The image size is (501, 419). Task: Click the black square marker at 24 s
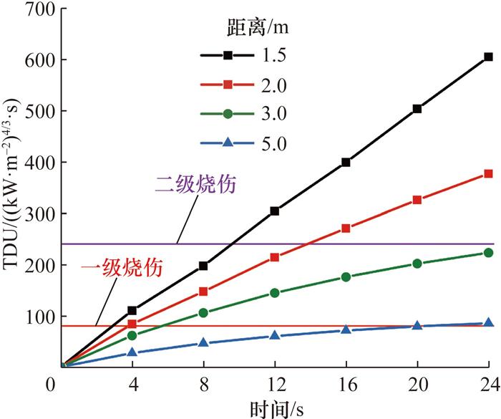coord(488,57)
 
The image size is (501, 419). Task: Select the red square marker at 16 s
coord(346,228)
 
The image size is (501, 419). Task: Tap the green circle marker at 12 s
coord(275,293)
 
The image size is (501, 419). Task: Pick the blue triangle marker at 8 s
coord(203,342)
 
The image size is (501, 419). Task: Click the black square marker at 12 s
coord(275,211)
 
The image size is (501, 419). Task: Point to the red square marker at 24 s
coord(488,173)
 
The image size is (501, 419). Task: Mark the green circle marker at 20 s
coord(417,264)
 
